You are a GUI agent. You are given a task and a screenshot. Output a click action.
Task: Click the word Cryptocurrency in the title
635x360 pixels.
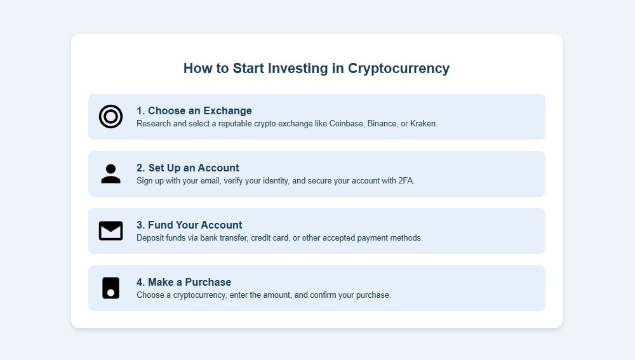pos(399,69)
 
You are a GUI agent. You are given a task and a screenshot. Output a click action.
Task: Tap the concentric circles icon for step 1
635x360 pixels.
pos(110,117)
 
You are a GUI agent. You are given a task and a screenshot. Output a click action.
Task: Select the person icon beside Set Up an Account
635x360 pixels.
pos(110,174)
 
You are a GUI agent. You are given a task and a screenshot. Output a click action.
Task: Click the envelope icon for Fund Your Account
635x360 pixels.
pos(110,231)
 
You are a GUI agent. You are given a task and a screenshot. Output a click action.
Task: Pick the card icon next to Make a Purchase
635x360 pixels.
pos(110,288)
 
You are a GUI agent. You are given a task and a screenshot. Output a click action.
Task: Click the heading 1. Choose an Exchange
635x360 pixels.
pos(194,111)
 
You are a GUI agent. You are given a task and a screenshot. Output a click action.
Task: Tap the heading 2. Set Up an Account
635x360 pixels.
pos(187,168)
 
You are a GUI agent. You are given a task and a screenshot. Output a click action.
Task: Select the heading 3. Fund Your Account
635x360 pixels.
pos(189,225)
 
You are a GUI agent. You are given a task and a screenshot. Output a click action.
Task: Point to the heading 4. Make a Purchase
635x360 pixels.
pos(184,283)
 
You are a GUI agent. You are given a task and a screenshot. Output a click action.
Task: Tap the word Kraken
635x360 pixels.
pos(424,124)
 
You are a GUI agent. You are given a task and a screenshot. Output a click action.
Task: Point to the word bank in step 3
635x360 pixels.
pos(207,238)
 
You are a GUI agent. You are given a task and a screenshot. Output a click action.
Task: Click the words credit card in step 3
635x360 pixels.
pos(270,238)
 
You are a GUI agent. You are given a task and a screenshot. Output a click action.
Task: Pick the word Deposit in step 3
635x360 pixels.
pos(151,238)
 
